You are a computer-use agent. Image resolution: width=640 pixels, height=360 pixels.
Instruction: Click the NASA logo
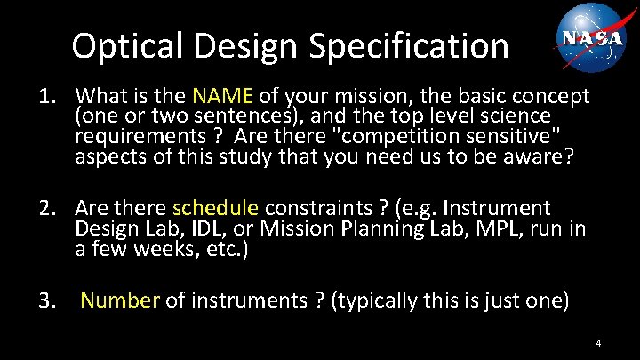tap(593, 37)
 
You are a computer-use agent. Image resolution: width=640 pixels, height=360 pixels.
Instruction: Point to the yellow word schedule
tap(215, 209)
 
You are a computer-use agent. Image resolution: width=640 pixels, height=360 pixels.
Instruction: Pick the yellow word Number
tap(120, 300)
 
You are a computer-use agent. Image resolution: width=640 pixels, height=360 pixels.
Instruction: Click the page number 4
tap(599, 343)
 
